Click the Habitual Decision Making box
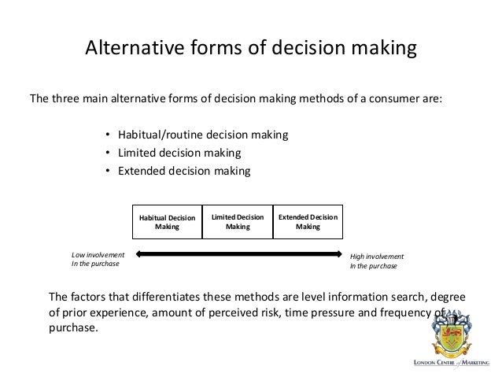coord(167,222)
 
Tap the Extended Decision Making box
coord(308,222)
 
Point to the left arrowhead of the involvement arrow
coord(138,254)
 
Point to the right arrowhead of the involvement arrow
coord(341,254)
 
